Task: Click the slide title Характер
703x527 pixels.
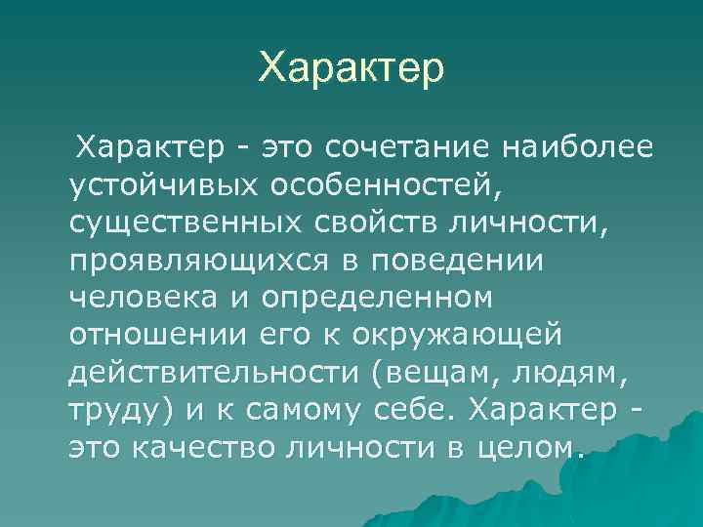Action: tap(351, 68)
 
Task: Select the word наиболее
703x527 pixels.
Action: tap(577, 148)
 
